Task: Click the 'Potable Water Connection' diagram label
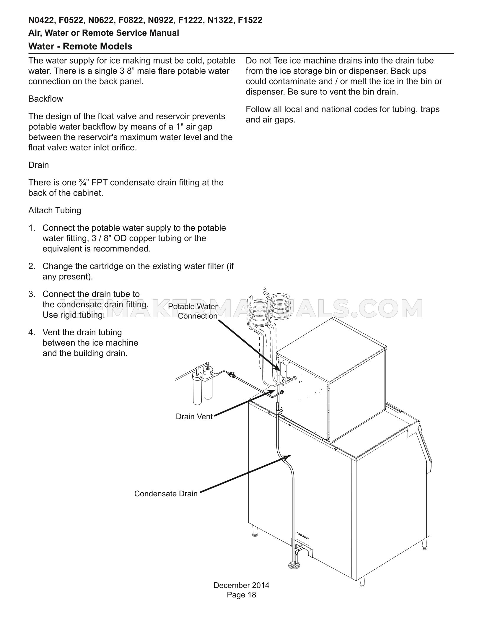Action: pyautogui.click(x=193, y=311)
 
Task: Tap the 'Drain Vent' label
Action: pyautogui.click(x=194, y=417)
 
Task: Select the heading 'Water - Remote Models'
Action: pyautogui.click(x=80, y=46)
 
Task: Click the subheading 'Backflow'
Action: pyautogui.click(x=45, y=99)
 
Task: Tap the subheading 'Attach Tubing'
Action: pyautogui.click(x=55, y=210)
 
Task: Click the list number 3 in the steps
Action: pyautogui.click(x=32, y=294)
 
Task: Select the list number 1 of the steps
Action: pyautogui.click(x=32, y=228)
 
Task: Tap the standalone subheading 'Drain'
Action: pyautogui.click(x=38, y=165)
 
